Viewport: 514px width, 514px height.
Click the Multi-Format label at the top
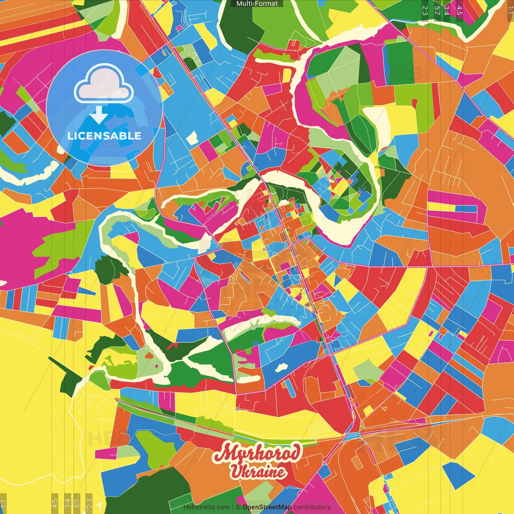click(257, 4)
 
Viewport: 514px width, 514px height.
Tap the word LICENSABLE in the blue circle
click(104, 136)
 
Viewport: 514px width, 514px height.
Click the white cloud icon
click(104, 85)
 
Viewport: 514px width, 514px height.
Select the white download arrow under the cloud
click(99, 115)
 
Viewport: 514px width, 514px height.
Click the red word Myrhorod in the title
click(257, 453)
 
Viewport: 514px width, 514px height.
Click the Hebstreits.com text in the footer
click(206, 507)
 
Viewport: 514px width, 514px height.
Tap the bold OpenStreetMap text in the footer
click(267, 507)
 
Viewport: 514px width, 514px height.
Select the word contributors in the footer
click(312, 507)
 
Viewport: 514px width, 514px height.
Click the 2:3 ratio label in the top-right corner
click(425, 10)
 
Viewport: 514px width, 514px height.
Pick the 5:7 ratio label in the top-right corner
click(437, 10)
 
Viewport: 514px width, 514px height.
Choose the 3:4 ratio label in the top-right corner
click(447, 10)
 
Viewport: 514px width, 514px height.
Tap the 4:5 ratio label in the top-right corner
click(459, 10)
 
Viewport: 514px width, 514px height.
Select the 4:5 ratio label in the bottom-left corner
click(55, 503)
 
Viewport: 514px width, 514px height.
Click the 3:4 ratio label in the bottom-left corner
click(67, 503)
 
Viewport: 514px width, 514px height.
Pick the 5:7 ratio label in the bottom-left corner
click(77, 503)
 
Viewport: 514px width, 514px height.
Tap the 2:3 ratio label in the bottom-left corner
click(89, 503)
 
